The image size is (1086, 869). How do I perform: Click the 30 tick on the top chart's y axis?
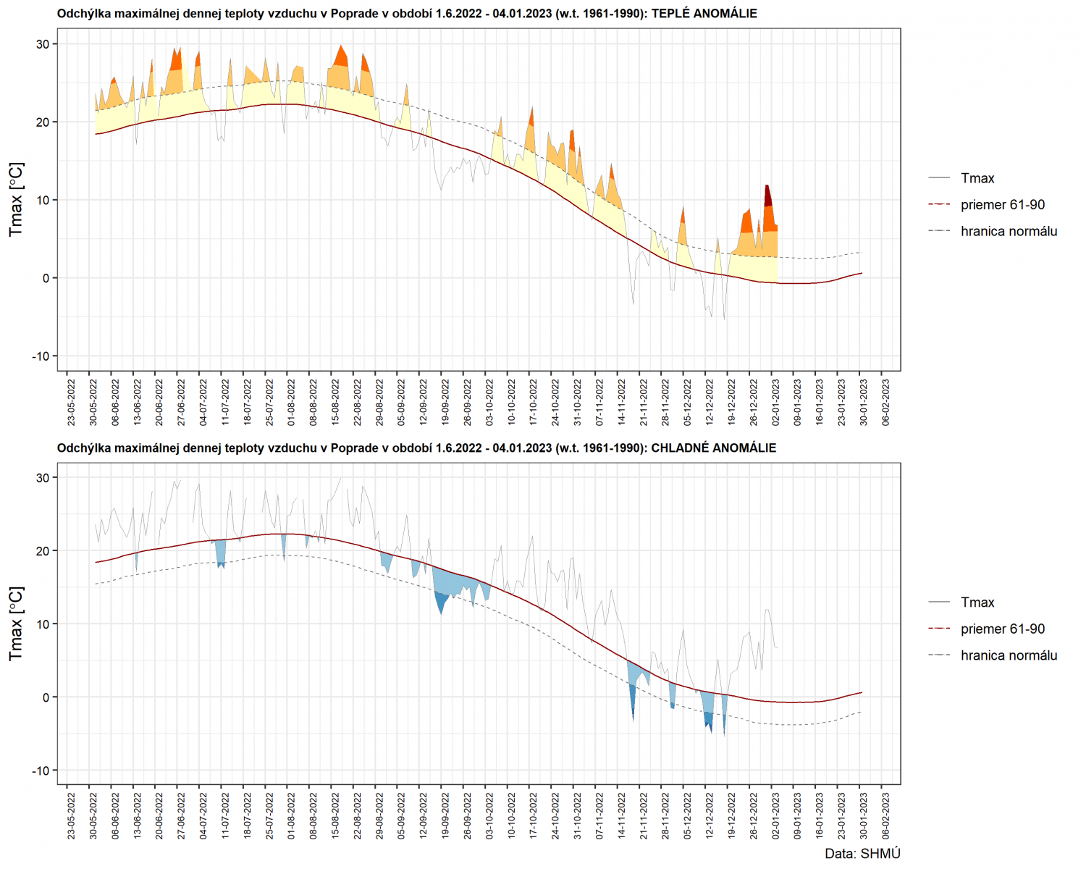point(43,44)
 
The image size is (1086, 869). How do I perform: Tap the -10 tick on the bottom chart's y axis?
point(41,771)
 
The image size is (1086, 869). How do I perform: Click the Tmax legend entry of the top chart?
point(977,178)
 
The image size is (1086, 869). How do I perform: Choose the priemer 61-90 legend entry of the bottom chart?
point(1003,629)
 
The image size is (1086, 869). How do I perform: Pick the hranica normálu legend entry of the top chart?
point(1009,231)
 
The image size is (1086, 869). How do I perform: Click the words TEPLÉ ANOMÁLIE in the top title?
point(704,14)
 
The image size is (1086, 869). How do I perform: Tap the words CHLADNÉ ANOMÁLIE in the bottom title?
point(713,448)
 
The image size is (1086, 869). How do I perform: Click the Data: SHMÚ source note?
point(862,854)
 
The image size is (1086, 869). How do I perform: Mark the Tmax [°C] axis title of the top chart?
point(16,199)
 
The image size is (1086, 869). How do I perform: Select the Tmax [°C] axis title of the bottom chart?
point(16,624)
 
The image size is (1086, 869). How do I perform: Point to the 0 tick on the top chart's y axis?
point(46,278)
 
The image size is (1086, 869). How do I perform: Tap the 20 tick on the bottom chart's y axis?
point(43,551)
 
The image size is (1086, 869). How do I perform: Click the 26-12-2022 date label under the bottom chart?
point(754,815)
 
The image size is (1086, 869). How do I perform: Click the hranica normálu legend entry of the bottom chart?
point(1009,655)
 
